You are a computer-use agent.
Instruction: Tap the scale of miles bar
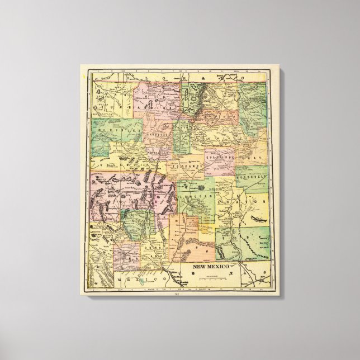tap(209, 276)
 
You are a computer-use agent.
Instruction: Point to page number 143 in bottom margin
tap(178, 294)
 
